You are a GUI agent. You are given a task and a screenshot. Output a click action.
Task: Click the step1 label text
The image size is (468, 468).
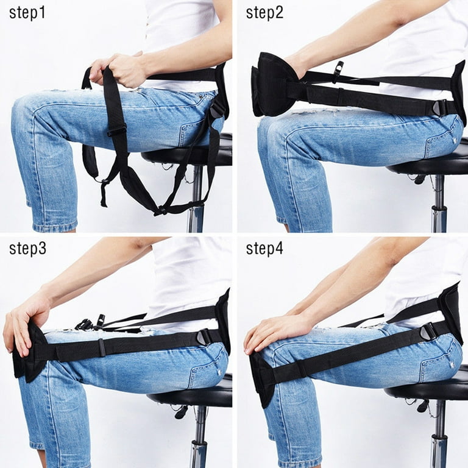click(x=27, y=13)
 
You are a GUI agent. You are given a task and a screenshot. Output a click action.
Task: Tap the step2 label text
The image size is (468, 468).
click(x=265, y=13)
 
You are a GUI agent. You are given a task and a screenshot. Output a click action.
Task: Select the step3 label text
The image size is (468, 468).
click(x=27, y=249)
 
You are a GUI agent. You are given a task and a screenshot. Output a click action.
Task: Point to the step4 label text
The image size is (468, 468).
click(x=265, y=249)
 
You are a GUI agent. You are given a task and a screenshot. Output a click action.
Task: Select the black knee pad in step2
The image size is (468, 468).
click(x=272, y=85)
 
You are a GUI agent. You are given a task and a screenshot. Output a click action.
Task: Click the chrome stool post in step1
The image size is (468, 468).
click(x=196, y=201)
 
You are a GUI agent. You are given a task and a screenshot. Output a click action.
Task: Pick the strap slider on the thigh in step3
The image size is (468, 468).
click(x=102, y=348)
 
